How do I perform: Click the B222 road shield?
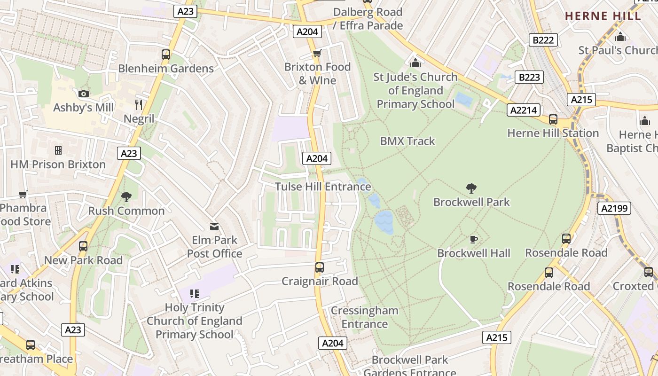tap(543, 40)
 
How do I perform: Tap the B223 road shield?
tap(529, 77)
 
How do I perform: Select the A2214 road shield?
tap(523, 110)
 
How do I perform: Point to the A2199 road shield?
tap(614, 208)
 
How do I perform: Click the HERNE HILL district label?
tap(603, 16)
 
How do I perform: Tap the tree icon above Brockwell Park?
tap(471, 188)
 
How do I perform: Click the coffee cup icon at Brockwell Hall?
tap(473, 240)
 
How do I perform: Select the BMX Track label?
tap(407, 141)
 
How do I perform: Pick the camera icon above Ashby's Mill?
tap(84, 94)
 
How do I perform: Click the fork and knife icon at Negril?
tap(139, 104)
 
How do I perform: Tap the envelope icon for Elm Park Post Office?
tap(214, 227)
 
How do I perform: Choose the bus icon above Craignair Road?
tap(320, 267)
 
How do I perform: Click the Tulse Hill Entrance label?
tap(323, 187)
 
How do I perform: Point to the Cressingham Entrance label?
tap(365, 317)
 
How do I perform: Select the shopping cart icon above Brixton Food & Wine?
tap(317, 53)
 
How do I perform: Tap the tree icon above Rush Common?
tap(126, 197)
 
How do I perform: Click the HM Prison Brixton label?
tap(58, 164)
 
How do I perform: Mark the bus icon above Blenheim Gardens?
tap(166, 55)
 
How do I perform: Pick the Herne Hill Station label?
tap(553, 133)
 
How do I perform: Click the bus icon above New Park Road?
tap(83, 246)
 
